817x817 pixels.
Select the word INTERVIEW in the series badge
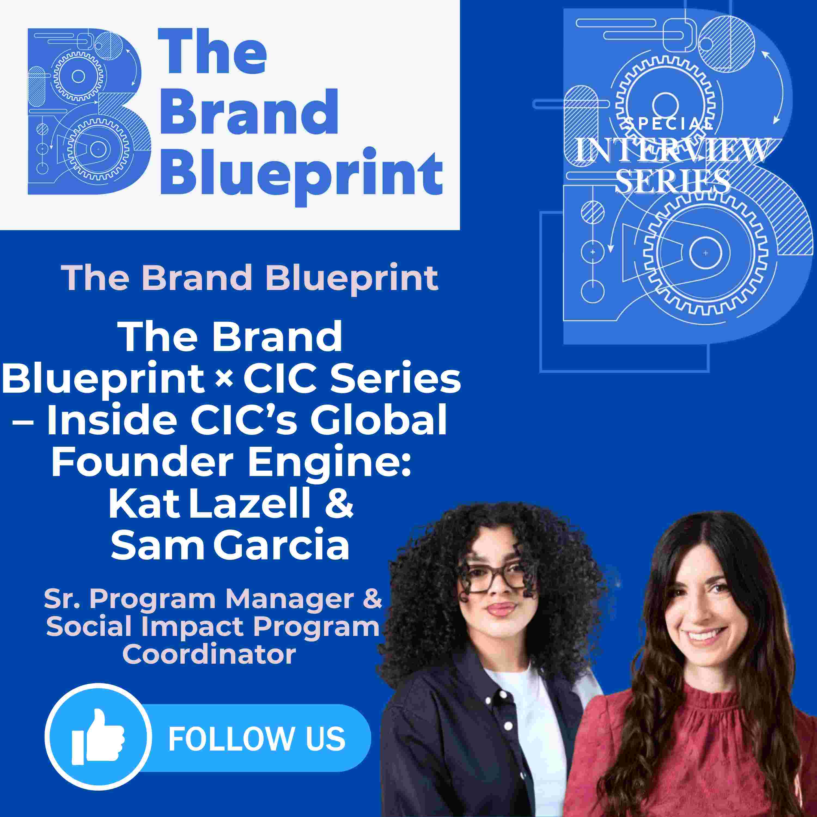tap(672, 150)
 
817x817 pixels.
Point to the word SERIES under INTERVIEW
tap(672, 181)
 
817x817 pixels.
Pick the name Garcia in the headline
tap(282, 546)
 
